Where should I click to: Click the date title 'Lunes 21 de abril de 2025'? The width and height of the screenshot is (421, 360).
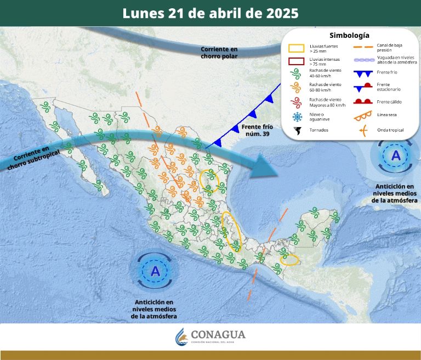pos(210,13)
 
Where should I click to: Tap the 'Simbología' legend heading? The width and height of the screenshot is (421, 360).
pos(349,36)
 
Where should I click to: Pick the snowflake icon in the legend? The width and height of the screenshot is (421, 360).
pos(297,117)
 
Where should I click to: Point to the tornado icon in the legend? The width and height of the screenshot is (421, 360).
pos(297,130)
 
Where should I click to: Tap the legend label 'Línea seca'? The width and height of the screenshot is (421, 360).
pos(387,115)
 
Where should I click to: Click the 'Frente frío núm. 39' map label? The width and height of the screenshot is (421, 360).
pos(255,130)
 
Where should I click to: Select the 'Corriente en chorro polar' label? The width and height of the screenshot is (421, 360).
pos(219,53)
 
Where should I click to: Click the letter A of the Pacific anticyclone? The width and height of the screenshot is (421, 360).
pos(155,271)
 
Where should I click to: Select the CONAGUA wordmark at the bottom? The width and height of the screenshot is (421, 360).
pos(218,335)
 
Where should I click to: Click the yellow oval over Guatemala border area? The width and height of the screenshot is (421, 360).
pos(289,258)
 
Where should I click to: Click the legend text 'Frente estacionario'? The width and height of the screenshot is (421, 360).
pos(391,87)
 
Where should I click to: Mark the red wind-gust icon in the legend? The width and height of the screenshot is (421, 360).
pos(297,102)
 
